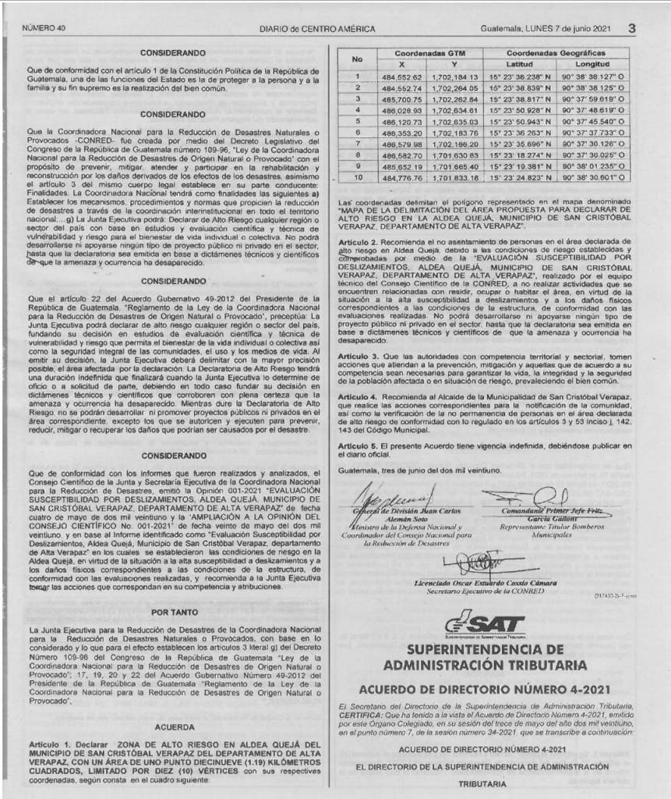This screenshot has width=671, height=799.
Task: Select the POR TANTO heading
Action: [174, 613]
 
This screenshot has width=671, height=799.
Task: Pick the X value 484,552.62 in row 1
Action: [402, 77]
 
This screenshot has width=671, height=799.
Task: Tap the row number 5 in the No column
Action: [357, 122]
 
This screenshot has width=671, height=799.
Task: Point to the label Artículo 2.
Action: [358, 244]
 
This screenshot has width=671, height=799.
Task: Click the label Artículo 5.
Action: [358, 445]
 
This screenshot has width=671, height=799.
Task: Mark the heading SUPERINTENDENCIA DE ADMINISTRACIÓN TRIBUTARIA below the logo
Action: [495, 657]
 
